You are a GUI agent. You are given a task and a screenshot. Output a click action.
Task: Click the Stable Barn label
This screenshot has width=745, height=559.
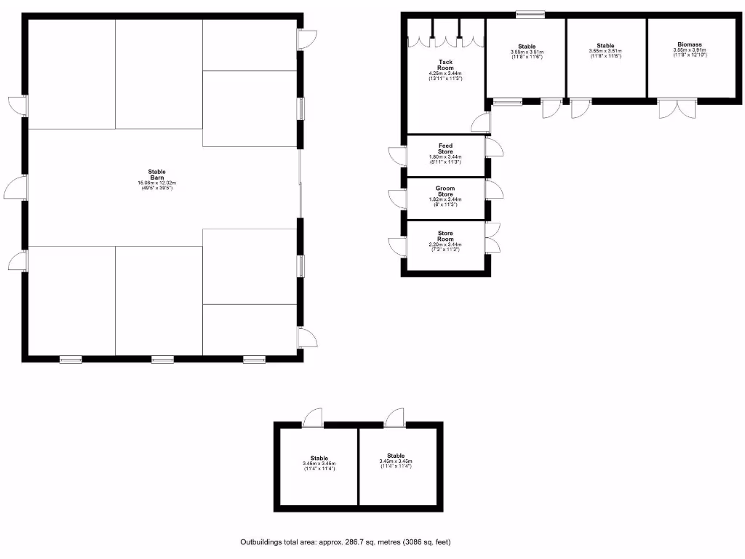pos(157,174)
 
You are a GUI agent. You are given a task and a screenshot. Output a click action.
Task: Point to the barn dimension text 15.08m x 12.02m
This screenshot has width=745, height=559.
pos(157,183)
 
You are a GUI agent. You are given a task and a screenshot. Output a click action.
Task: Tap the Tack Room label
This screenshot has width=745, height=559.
pos(445,65)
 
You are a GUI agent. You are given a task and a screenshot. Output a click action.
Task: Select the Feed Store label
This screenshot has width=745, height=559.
pos(445,148)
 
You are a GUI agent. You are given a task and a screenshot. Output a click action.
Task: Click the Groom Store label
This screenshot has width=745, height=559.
pos(445,191)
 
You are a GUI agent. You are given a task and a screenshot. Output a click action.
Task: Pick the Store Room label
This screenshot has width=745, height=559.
pos(445,236)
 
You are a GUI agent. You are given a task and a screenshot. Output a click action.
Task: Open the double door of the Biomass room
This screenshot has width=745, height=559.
pos(677,108)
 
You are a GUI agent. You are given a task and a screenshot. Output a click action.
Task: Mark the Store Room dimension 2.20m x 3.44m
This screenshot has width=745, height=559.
pos(445,245)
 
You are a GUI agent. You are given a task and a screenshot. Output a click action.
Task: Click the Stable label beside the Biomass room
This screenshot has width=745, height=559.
pos(605,46)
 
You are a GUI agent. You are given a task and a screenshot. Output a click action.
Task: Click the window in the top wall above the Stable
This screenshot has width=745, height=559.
pos(530,13)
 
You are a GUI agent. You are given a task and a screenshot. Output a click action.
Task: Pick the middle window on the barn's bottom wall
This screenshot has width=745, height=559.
pos(162,359)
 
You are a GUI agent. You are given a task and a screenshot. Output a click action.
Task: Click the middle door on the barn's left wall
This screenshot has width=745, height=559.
pos(16,189)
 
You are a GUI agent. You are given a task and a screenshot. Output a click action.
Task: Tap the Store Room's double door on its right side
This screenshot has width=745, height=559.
pos(493,237)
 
